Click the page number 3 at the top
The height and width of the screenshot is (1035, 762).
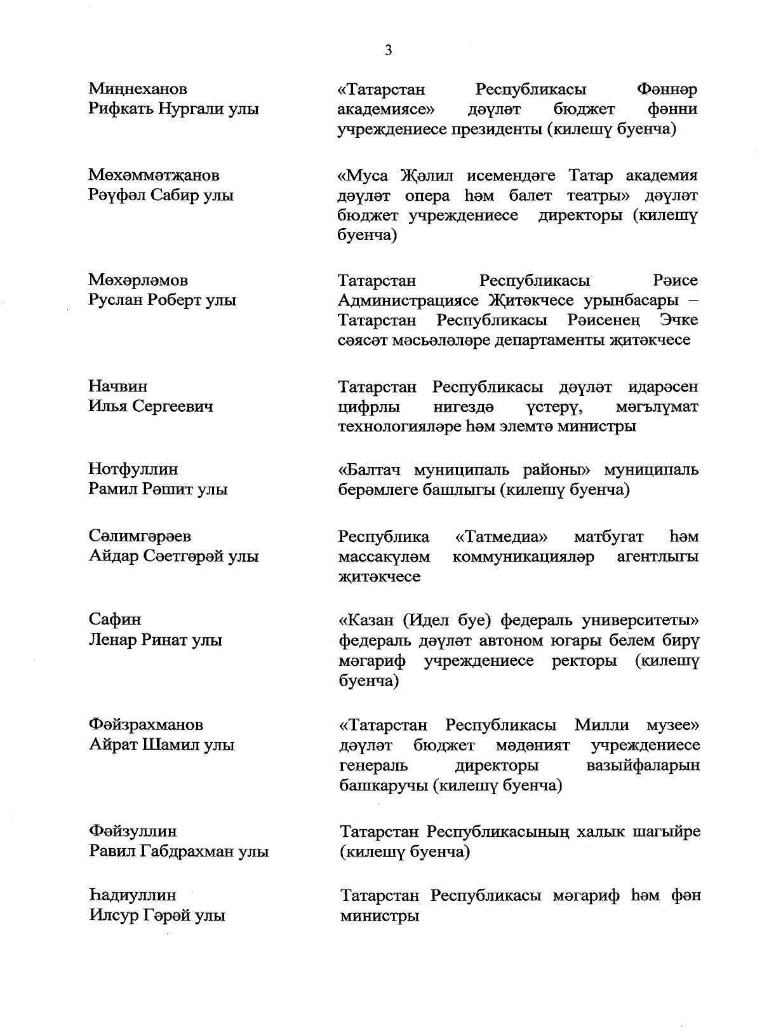[x=388, y=50]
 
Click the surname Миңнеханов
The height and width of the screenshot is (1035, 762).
[x=138, y=88]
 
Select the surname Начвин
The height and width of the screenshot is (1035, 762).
[x=118, y=386]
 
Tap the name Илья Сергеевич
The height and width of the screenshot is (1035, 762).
[x=150, y=406]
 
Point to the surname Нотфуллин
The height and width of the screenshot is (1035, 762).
[x=133, y=469]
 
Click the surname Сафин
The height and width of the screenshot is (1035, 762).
[x=115, y=619]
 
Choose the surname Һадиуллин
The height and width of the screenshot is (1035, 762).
[x=132, y=895]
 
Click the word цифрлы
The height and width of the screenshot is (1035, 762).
[x=365, y=406]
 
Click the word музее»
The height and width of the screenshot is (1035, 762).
[x=672, y=725]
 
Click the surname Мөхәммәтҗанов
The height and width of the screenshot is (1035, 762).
[x=154, y=175]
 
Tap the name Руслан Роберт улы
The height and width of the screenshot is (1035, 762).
[x=163, y=300]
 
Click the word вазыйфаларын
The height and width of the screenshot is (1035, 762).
[x=643, y=765]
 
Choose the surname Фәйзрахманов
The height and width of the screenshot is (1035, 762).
[x=146, y=724]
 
